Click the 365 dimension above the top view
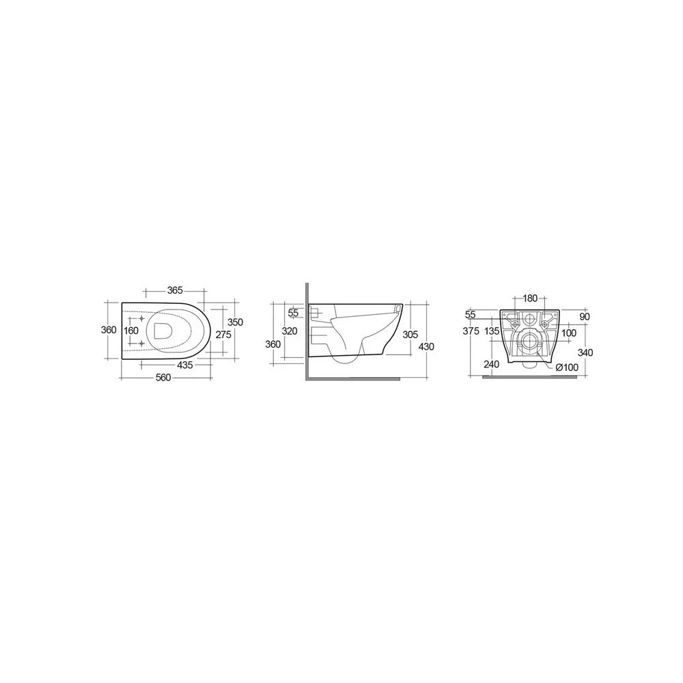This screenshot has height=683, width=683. [175, 290]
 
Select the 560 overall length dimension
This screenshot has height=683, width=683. [163, 378]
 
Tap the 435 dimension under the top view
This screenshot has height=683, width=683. [184, 365]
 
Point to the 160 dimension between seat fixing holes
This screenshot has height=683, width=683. [130, 331]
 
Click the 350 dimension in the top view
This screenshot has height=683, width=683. [235, 322]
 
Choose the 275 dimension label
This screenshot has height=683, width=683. [223, 335]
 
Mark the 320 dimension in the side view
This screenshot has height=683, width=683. [289, 331]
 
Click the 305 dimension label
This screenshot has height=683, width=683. [410, 334]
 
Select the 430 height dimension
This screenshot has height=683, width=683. [426, 347]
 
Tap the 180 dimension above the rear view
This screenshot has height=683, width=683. [530, 298]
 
